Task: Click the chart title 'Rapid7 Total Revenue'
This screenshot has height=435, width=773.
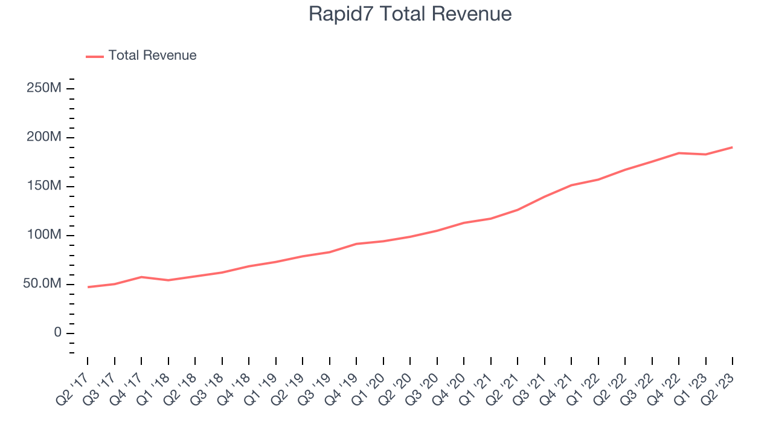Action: [x=410, y=14]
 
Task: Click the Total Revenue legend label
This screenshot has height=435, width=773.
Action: [x=152, y=56]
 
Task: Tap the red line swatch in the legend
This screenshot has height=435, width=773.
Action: [x=95, y=56]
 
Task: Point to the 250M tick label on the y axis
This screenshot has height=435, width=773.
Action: [x=43, y=88]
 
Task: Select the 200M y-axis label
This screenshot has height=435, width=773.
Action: [x=43, y=137]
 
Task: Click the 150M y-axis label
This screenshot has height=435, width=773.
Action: [x=43, y=186]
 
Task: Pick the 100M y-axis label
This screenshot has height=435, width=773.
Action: [x=43, y=235]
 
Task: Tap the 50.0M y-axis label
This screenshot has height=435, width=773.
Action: [x=42, y=284]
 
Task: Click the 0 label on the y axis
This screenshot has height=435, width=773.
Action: [x=57, y=333]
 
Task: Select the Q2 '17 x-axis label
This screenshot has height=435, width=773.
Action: [x=73, y=390]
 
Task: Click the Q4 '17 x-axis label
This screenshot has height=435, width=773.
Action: [x=127, y=390]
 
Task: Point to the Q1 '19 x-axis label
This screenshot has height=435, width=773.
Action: [x=261, y=390]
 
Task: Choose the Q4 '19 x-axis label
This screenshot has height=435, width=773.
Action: [x=342, y=390]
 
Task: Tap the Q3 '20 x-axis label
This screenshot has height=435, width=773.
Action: [x=423, y=390]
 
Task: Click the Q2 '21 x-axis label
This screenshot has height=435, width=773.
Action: [x=503, y=390]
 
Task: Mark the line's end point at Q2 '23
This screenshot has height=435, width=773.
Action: [x=733, y=147]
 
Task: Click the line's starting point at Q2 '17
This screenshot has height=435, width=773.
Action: [x=88, y=287]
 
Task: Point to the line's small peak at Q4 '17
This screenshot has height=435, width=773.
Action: [x=141, y=277]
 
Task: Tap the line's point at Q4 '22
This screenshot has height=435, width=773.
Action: [x=679, y=153]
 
